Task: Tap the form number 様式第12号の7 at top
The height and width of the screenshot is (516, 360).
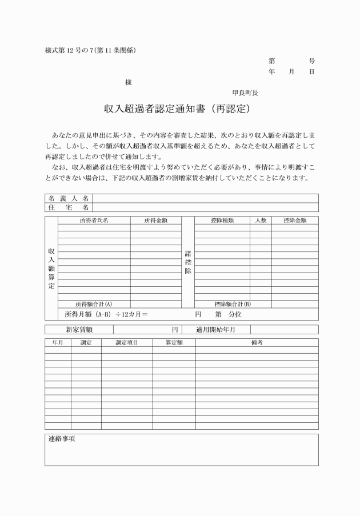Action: click(90, 50)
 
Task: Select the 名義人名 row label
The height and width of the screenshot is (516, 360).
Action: click(69, 198)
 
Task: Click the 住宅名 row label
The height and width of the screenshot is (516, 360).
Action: click(69, 207)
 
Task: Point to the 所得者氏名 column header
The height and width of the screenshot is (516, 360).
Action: click(94, 220)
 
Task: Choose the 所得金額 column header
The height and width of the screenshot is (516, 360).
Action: click(155, 220)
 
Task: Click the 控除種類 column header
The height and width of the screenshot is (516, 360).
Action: click(222, 220)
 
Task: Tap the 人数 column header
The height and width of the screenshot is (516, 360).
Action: click(261, 220)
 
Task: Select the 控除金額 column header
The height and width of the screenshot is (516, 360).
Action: click(295, 220)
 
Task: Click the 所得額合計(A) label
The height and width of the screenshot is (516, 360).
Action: click(94, 304)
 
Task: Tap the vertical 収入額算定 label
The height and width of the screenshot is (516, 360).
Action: click(51, 269)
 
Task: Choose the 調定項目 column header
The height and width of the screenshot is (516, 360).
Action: click(126, 342)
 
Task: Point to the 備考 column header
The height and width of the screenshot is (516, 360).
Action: click(257, 342)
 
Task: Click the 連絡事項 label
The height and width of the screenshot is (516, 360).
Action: click(62, 439)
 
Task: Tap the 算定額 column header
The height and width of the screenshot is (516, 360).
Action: click(174, 342)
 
